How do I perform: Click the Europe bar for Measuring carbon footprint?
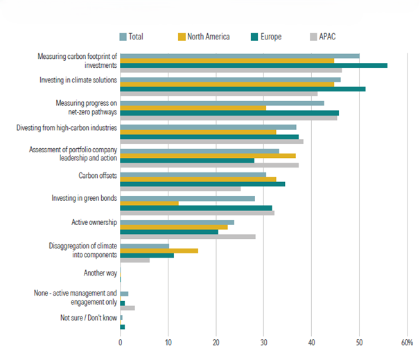(254, 65)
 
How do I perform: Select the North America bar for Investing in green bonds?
(150, 203)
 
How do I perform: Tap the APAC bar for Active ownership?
(188, 237)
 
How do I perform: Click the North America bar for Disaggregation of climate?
(159, 251)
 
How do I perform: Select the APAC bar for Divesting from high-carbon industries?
(212, 141)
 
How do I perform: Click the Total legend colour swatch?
(122, 36)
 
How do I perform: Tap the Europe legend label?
(270, 36)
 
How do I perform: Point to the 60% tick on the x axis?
(407, 343)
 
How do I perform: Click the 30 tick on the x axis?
(264, 343)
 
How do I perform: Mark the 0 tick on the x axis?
(121, 343)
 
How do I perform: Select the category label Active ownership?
(94, 222)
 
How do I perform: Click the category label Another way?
(100, 273)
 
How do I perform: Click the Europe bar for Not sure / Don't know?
(123, 327)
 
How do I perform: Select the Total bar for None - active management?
(125, 294)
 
